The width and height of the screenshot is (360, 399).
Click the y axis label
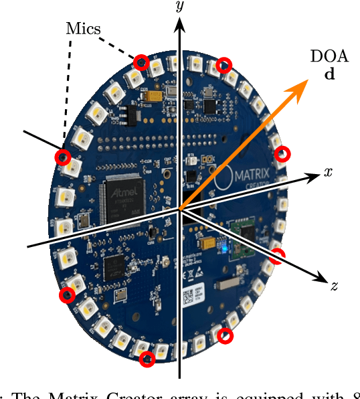[179, 8]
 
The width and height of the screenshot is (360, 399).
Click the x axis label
[328, 172]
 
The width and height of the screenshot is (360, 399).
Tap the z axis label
[333, 287]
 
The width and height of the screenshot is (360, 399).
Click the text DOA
[325, 57]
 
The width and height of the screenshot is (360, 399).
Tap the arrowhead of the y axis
[179, 25]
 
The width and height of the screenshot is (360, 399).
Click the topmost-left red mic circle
[141, 62]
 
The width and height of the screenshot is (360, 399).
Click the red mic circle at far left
[63, 157]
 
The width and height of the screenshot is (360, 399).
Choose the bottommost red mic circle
[147, 359]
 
